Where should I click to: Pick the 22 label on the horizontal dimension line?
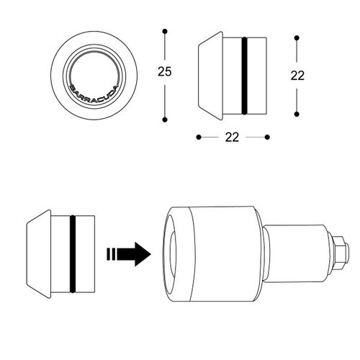pyautogui.click(x=232, y=136)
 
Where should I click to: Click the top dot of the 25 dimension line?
pyautogui.click(x=166, y=31)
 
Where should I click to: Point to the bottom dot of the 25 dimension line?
pyautogui.click(x=166, y=119)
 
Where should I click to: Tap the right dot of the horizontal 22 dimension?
pyautogui.click(x=267, y=136)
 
